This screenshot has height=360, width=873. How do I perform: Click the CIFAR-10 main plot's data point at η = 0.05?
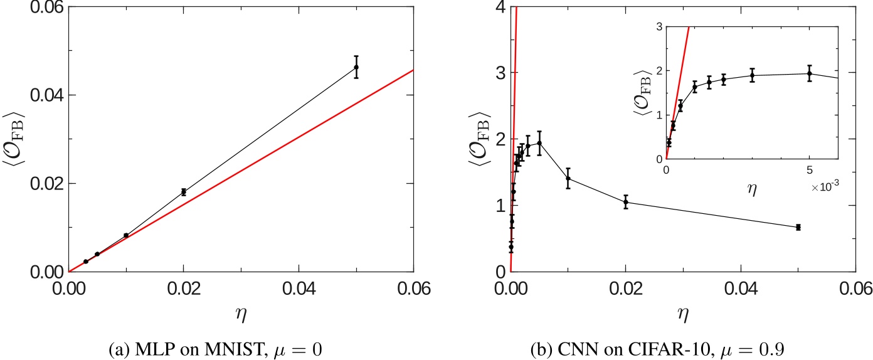(798, 227)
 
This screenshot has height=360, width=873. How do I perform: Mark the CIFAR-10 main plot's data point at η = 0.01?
(568, 178)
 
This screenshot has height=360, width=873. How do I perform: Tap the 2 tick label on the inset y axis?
(656, 71)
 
